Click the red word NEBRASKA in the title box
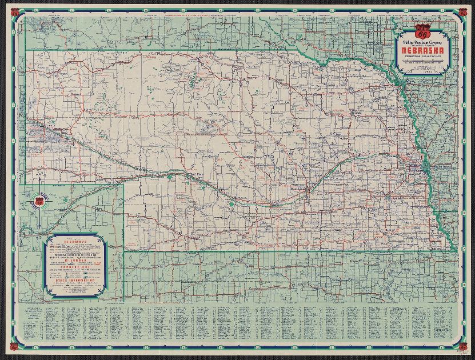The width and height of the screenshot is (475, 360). (x=424, y=49)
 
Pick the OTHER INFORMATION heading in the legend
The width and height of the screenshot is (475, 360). (x=76, y=280)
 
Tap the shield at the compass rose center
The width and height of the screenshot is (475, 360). (x=39, y=202)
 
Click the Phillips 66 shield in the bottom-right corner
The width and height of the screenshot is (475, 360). (x=462, y=348)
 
